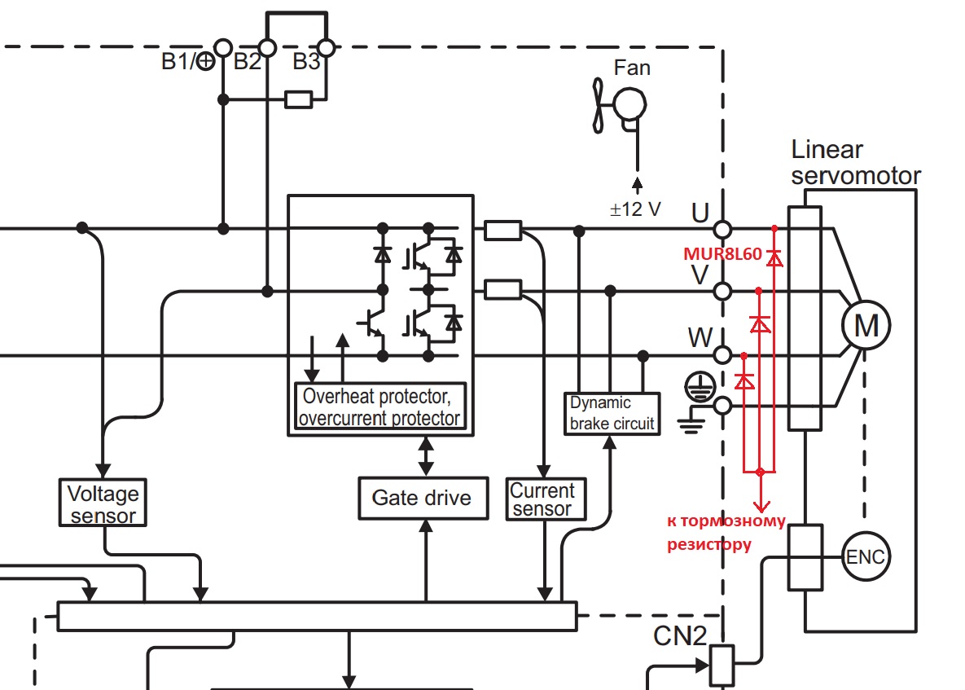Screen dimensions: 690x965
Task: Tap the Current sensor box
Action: (542, 499)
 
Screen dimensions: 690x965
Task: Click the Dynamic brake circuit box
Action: (612, 413)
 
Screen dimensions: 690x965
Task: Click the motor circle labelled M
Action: (866, 325)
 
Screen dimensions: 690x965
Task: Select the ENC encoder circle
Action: (866, 558)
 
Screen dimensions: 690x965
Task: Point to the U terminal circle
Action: (722, 230)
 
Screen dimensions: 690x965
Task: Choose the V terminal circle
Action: (722, 291)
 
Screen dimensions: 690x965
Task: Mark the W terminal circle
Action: (722, 355)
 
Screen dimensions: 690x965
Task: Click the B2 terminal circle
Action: (266, 47)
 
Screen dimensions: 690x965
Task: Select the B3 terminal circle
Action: (326, 47)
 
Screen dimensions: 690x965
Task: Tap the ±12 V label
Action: (636, 209)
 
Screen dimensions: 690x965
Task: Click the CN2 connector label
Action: (679, 635)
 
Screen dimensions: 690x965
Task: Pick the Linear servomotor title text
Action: (855, 162)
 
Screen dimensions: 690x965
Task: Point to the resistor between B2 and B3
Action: (298, 100)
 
